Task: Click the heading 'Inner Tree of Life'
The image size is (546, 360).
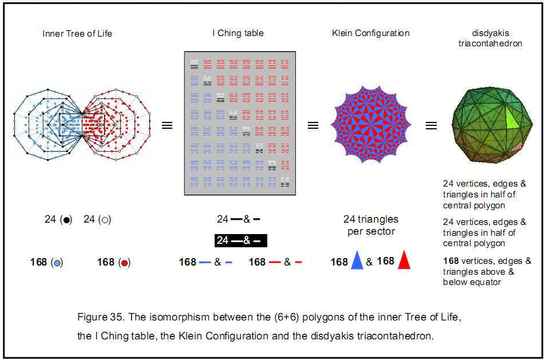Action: click(x=77, y=33)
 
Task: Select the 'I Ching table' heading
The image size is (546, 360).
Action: click(x=238, y=33)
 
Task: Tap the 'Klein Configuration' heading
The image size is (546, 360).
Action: click(x=370, y=33)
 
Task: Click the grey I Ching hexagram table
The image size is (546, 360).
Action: click(x=240, y=123)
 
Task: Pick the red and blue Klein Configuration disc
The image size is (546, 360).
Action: click(x=370, y=124)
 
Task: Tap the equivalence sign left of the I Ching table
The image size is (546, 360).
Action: click(x=167, y=125)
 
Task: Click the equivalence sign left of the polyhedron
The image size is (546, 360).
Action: click(x=431, y=125)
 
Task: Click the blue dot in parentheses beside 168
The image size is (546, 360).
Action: click(x=56, y=263)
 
